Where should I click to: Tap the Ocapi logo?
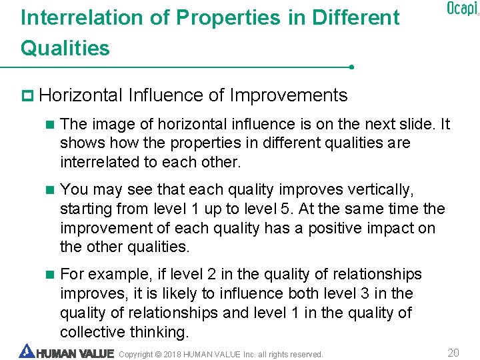[462, 9]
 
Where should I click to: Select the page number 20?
[453, 353]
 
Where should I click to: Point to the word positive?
[339, 228]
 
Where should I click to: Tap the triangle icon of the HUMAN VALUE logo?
[26, 351]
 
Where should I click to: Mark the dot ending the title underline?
[351, 67]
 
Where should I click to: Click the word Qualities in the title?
[65, 48]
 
